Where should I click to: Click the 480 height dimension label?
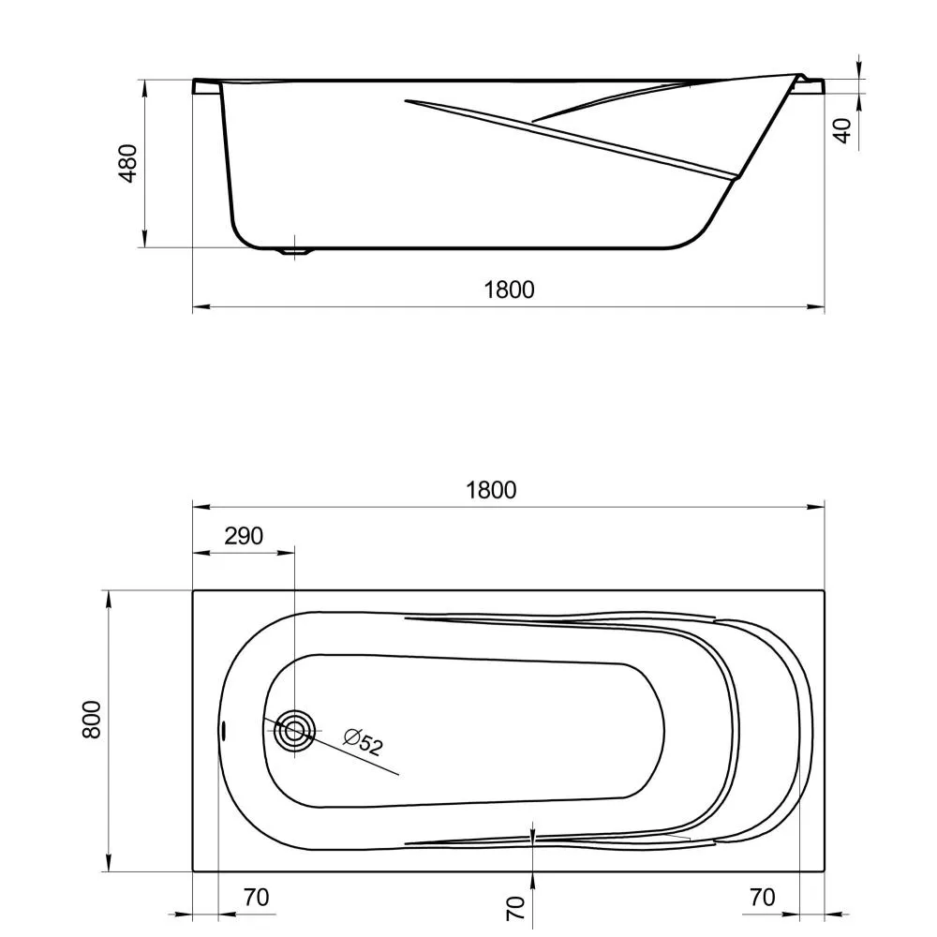point(127,163)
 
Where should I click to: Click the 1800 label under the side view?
point(509,290)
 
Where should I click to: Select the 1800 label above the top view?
point(491,490)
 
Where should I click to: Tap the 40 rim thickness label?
point(842,130)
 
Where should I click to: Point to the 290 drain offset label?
point(244,536)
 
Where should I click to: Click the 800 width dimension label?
point(92,720)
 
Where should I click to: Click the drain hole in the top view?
point(294,730)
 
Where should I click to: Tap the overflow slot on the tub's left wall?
point(223,730)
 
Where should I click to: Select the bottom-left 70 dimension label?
point(257,897)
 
